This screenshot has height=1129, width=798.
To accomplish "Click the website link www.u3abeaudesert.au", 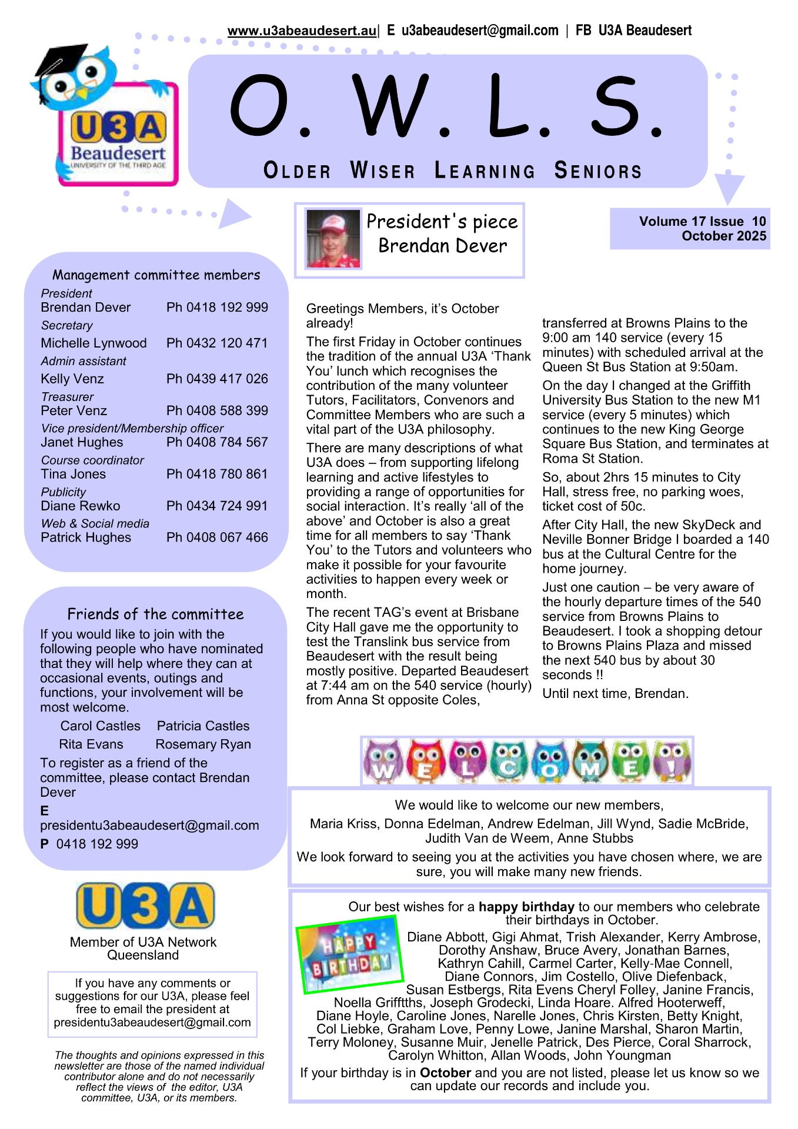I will point(301,31).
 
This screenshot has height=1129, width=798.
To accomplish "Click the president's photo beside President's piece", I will point(333,239).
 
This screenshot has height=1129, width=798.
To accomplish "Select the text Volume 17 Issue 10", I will point(702,222).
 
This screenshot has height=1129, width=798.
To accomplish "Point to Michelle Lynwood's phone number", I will point(217,343).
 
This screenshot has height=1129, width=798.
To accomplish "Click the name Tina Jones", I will point(74,474).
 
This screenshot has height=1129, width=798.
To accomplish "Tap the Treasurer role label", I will point(67,397).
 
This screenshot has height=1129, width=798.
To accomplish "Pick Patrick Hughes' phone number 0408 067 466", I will point(217,537).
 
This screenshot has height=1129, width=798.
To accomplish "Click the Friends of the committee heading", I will point(155,614).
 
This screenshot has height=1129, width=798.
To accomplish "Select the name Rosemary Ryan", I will point(203,744).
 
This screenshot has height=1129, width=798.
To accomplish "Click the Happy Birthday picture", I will point(349,955).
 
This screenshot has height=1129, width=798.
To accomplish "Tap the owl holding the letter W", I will point(383,761).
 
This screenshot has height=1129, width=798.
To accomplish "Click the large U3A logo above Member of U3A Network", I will point(145,906).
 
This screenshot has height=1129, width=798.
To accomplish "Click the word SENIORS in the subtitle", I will point(598,171).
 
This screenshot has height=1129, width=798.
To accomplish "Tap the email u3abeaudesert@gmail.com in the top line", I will point(480,31).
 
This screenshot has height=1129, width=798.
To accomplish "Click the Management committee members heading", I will point(156,275).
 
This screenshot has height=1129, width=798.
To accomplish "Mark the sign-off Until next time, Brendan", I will point(615,694).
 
